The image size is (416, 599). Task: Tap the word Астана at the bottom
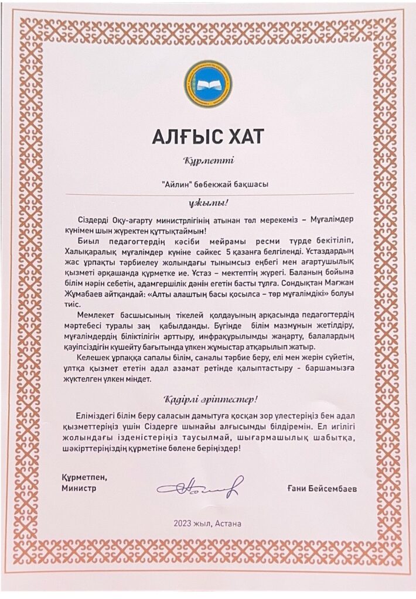pos(228,522)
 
